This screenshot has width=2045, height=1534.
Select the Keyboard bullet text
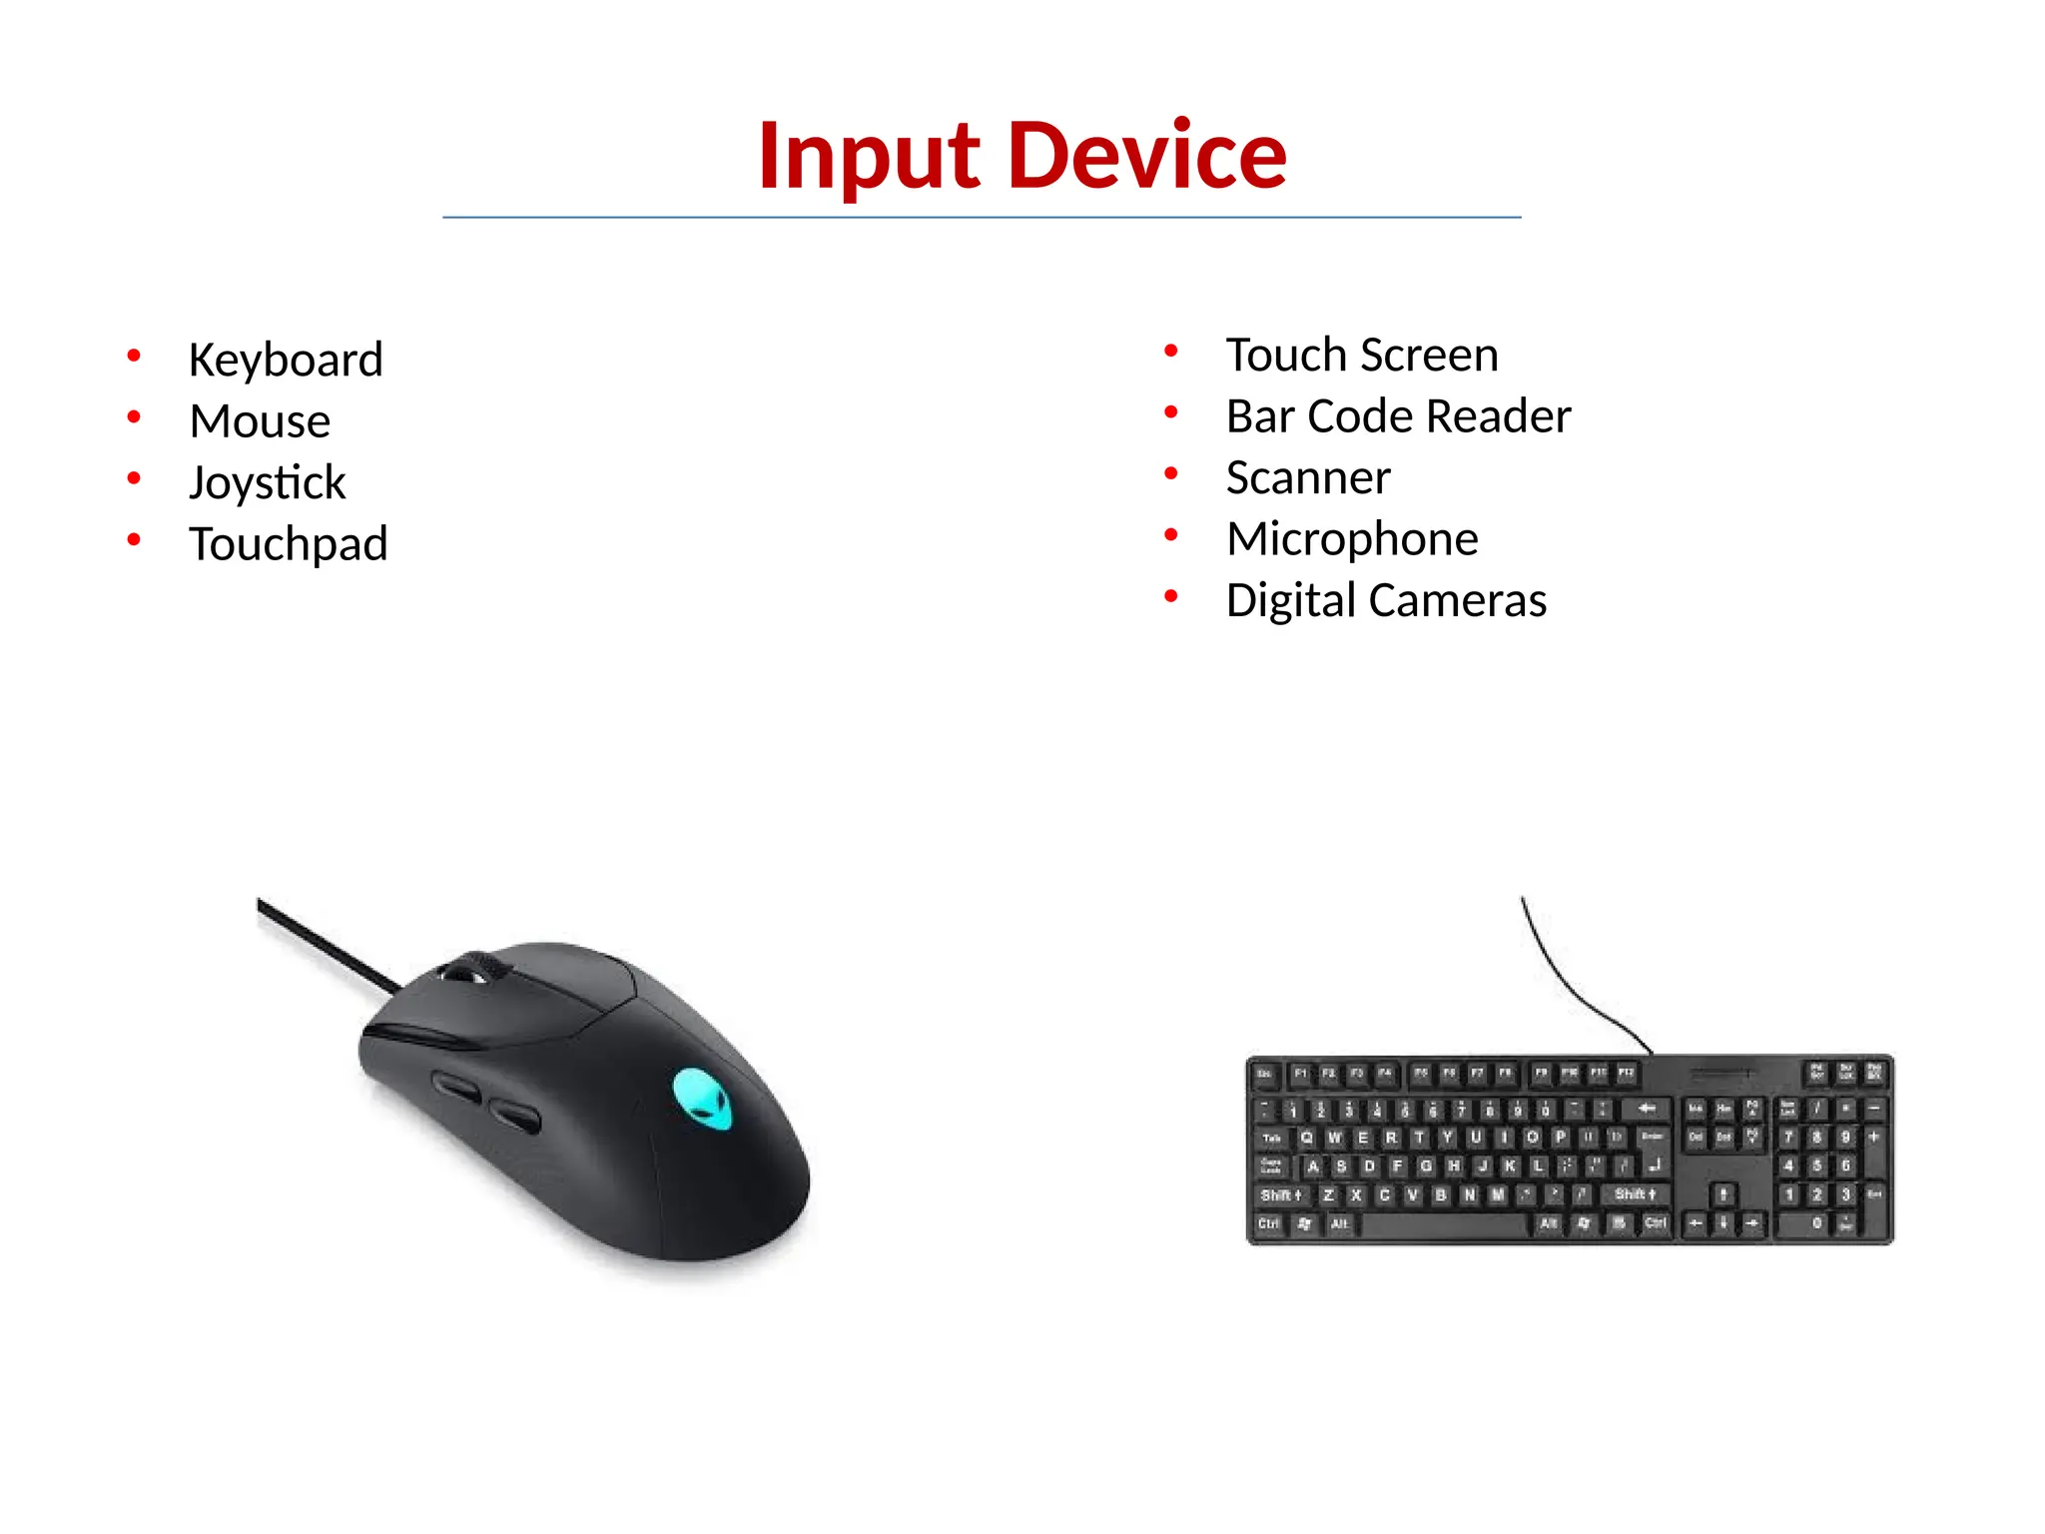pos(286,360)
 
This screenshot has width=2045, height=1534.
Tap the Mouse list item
pos(260,420)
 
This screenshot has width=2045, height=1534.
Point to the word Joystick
pos(268,482)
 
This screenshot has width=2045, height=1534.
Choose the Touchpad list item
pos(289,544)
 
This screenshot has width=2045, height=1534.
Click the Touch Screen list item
pos(1362,355)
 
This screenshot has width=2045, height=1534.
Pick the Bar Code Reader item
pos(1398,416)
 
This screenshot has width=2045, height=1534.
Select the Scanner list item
pos(1308,477)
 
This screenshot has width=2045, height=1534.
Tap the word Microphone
pos(1352,539)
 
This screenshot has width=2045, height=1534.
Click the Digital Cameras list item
pos(1386,600)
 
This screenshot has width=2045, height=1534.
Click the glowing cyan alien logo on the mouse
pos(703,1099)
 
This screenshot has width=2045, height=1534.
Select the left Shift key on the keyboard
pos(1280,1195)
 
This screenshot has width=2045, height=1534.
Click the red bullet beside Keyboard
pos(134,356)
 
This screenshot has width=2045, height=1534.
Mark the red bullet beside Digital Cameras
pos(1171,596)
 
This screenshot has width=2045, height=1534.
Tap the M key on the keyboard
pos(1498,1195)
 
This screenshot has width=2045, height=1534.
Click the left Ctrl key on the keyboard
pos(1269,1224)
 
